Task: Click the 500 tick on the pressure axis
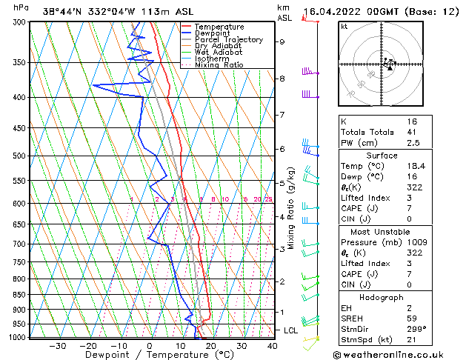tap(21, 156)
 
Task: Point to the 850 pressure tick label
tap(21, 295)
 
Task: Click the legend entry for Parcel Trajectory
tap(228, 39)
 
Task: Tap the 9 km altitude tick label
tap(282, 42)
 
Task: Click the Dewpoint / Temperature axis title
tap(150, 355)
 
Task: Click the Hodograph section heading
tap(381, 296)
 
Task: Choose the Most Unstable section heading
tap(381, 231)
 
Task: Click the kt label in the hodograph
tap(344, 27)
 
